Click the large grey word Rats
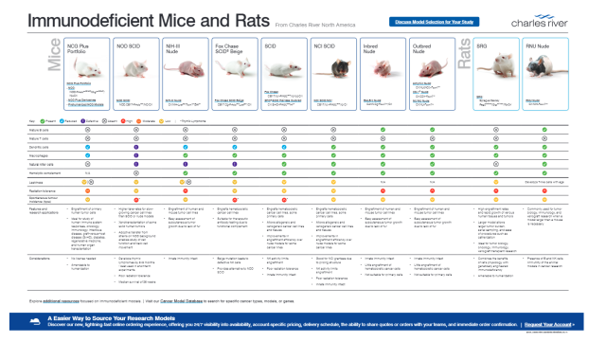click(x=465, y=68)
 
